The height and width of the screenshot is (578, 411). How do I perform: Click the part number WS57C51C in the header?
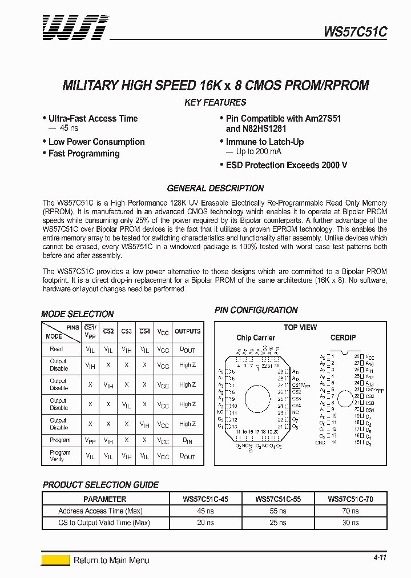[x=355, y=33]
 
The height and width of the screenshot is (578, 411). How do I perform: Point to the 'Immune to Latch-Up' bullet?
[x=264, y=142]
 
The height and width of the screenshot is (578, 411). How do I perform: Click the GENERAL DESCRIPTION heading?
[x=215, y=188]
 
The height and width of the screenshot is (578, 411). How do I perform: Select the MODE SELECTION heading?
[x=78, y=314]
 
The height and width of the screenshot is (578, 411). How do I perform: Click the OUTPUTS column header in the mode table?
[x=187, y=331]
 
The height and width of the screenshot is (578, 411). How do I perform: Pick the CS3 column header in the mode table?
[x=127, y=331]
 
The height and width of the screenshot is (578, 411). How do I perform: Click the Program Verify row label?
[x=60, y=455]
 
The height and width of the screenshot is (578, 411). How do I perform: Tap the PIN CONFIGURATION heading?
[x=256, y=310]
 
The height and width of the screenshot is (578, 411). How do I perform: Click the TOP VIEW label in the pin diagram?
[x=300, y=327]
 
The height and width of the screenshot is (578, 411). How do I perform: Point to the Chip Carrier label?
[x=256, y=338]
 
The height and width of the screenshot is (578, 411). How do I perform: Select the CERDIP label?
[x=343, y=338]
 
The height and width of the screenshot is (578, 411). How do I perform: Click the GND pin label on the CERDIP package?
[x=321, y=443]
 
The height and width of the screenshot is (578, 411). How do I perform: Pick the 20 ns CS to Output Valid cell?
[x=205, y=523]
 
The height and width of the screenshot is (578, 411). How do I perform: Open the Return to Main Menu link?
[x=111, y=560]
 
